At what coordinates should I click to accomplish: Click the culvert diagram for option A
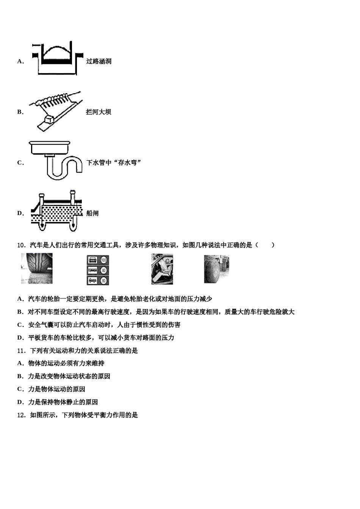pyautogui.click(x=57, y=59)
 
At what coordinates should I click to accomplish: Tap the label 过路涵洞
pyautogui.click(x=99, y=61)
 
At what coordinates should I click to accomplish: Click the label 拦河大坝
pyautogui.click(x=99, y=112)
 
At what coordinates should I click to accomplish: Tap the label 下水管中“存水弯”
pyautogui.click(x=114, y=163)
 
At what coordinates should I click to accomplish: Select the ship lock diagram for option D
pyautogui.click(x=57, y=212)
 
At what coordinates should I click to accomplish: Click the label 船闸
pyautogui.click(x=92, y=213)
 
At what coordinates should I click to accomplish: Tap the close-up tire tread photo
pyautogui.click(x=37, y=269)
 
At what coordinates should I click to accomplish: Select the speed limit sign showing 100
pyautogui.click(x=103, y=260)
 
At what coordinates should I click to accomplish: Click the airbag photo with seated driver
pyautogui.click(x=162, y=269)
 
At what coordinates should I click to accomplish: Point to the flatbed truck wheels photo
pyautogui.click(x=216, y=269)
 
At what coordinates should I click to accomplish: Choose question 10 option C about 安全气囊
pyautogui.click(x=99, y=325)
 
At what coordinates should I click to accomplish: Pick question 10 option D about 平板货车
pyautogui.click(x=95, y=338)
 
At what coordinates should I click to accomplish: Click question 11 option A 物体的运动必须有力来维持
pyautogui.click(x=61, y=364)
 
